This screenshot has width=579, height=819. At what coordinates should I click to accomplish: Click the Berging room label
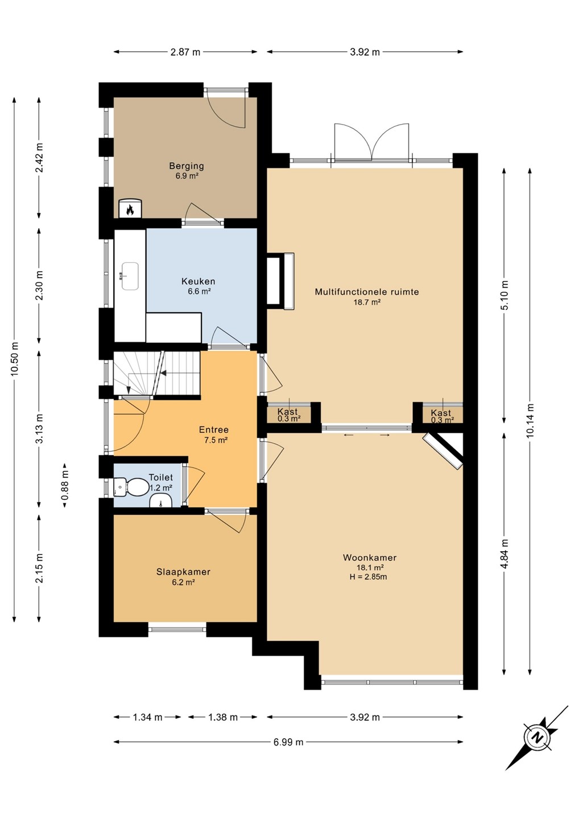(187, 166)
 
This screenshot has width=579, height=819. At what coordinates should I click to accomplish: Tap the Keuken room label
(198, 282)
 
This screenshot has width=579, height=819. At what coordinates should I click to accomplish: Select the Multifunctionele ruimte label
(367, 292)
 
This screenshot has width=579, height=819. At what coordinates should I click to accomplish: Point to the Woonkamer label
(370, 557)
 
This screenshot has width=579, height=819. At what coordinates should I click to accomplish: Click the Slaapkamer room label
(184, 572)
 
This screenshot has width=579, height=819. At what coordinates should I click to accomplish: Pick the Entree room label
(214, 429)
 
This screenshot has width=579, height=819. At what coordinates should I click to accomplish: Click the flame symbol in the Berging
(130, 210)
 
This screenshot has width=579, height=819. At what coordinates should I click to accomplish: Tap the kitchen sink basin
(130, 276)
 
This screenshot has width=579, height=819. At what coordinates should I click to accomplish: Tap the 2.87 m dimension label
(185, 52)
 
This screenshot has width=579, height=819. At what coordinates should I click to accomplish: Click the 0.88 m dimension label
(65, 485)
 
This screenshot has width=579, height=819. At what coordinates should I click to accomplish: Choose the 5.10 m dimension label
(504, 295)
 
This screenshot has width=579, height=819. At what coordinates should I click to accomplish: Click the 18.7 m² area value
(367, 303)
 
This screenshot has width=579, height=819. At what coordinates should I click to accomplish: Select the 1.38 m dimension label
(222, 717)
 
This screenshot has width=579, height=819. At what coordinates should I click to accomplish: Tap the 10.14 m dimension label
(531, 420)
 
